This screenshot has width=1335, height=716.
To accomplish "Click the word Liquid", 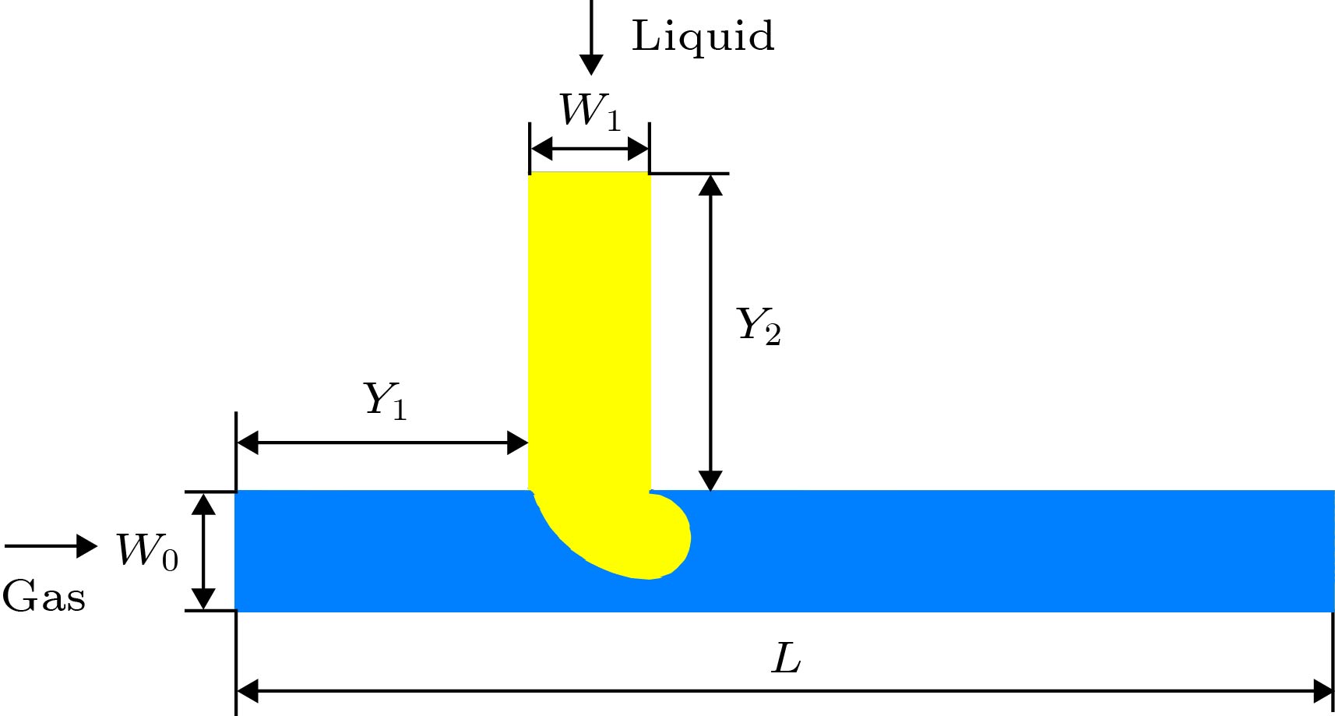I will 703,37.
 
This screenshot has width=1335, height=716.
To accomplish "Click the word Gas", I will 44,598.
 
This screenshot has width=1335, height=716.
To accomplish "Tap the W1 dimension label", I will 590,111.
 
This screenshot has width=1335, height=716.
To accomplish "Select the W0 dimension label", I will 147,551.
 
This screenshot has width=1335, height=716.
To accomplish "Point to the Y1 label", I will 386,400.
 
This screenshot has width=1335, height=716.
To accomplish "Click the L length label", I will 786,659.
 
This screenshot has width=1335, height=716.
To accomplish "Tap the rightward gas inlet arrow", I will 51,546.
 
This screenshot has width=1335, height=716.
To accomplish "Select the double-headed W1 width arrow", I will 590,148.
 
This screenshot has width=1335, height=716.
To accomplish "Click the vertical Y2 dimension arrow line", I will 710,332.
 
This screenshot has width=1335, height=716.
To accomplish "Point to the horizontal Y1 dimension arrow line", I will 382,443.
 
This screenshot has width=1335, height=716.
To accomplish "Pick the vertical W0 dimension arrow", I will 203,551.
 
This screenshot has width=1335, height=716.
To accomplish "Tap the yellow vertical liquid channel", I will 590,327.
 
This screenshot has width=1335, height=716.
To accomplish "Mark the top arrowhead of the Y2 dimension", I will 710,185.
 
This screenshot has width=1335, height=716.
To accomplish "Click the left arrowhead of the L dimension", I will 247,690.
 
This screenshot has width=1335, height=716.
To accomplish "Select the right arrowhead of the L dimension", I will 1323,690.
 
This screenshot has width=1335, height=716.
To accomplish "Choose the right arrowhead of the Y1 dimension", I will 518,443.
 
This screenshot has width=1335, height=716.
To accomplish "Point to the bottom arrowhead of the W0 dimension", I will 203,598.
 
